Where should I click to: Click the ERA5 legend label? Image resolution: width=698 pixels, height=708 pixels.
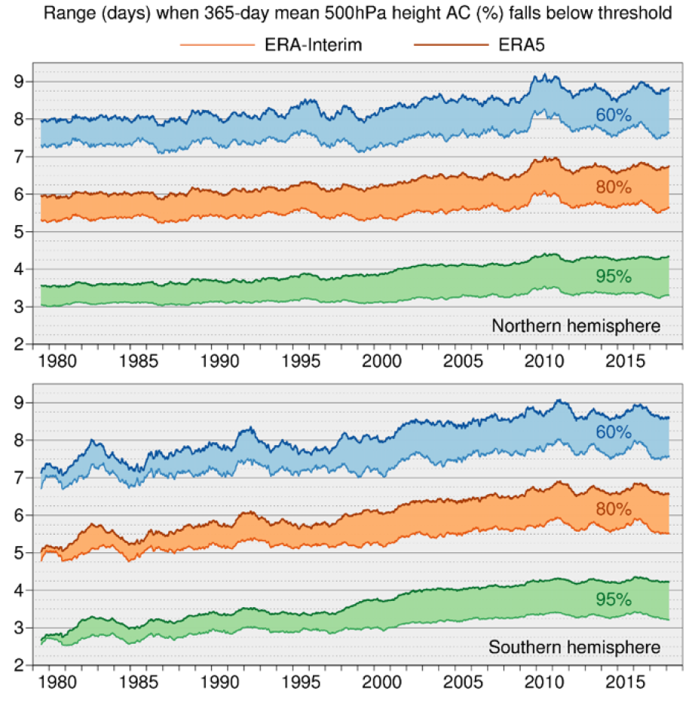coord(520,44)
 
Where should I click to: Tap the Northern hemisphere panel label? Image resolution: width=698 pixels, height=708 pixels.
coord(576,326)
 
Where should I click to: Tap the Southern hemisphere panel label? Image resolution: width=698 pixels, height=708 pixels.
coord(575,648)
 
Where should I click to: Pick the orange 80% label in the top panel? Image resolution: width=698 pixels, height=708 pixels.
coord(614,186)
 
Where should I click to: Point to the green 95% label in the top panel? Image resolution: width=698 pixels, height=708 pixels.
coord(614,276)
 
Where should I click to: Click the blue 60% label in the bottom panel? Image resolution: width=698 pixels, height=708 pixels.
coord(614,432)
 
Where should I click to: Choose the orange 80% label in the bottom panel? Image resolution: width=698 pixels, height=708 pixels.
coord(614,509)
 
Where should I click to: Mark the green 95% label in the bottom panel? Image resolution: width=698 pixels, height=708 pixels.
coord(614,600)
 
